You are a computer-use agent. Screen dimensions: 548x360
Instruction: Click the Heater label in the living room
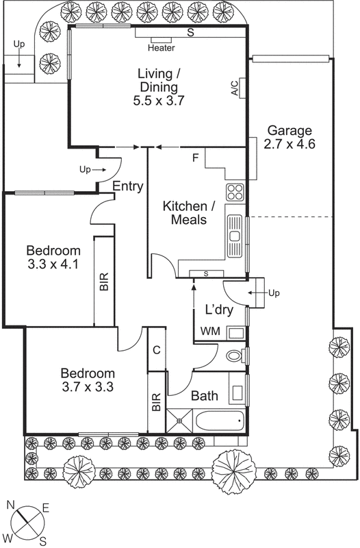162,48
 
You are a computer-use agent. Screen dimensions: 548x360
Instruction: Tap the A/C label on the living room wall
234,88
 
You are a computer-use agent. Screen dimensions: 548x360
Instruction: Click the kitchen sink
235,236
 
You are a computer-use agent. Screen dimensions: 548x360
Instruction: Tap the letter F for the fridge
195,158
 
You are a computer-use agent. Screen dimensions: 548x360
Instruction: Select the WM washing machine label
209,332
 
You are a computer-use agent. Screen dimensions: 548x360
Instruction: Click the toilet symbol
233,356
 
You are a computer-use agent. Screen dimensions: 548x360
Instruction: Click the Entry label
127,186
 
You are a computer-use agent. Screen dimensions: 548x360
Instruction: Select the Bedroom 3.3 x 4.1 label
53,257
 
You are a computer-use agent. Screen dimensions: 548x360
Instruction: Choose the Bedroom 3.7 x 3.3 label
87,379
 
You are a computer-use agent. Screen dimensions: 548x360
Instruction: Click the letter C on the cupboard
156,350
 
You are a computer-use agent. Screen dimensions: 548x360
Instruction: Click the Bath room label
204,395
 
